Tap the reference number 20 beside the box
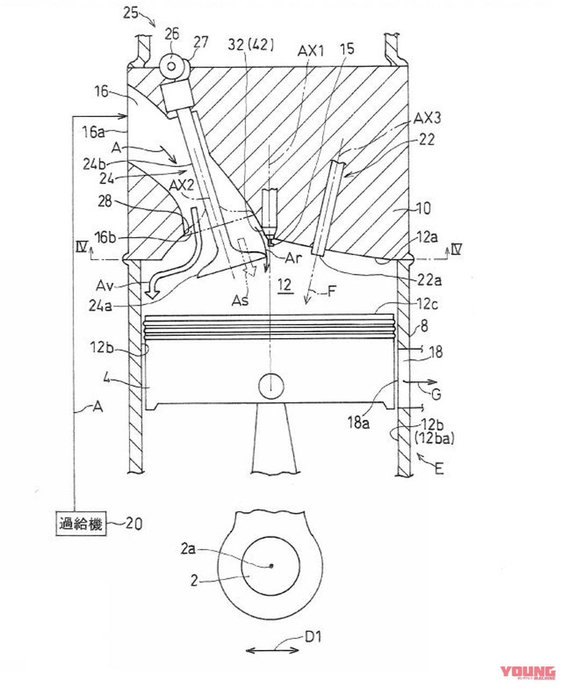click(x=134, y=523)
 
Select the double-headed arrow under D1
click(x=272, y=650)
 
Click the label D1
click(x=313, y=637)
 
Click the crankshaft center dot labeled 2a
click(x=271, y=565)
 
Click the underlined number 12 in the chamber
click(x=284, y=285)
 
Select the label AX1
click(x=311, y=52)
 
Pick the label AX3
click(x=427, y=118)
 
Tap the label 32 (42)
click(x=251, y=45)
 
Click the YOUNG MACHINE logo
click(x=528, y=672)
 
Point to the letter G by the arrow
click(x=436, y=395)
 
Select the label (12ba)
click(x=434, y=439)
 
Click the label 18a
click(x=358, y=422)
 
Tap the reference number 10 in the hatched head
click(x=423, y=208)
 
